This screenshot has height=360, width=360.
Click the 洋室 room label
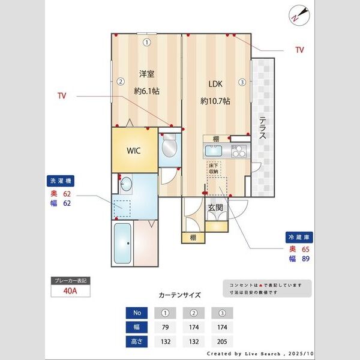147,74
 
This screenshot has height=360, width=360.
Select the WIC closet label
133,151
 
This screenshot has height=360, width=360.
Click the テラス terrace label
263,127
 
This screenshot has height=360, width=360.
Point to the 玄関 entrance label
216,208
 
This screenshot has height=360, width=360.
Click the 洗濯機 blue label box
62,181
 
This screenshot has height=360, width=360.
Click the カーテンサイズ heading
180,295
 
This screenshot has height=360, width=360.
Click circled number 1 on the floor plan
147,43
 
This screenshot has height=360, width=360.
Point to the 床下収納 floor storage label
214,168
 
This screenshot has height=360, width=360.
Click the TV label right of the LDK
299,50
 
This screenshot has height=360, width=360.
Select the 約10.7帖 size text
215,101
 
